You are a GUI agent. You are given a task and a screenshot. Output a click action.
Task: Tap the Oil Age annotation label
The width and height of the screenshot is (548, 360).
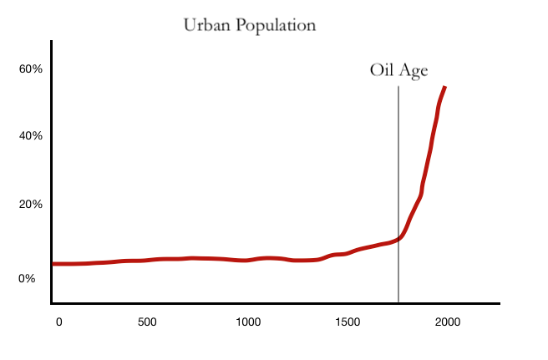pyautogui.click(x=398, y=71)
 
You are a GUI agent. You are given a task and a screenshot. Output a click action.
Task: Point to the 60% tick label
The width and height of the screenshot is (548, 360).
pyautogui.click(x=31, y=69)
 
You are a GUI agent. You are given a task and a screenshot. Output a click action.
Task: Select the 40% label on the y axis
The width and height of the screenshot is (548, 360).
pyautogui.click(x=31, y=136)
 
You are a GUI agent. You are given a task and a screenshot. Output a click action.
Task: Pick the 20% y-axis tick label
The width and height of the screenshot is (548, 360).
pyautogui.click(x=31, y=205)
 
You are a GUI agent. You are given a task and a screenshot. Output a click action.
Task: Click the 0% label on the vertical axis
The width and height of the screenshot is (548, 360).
pyautogui.click(x=28, y=278)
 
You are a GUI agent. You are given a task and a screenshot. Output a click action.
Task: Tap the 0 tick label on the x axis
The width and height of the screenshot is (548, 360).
pyautogui.click(x=58, y=322)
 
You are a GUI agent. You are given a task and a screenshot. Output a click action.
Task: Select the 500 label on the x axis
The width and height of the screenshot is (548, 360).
pyautogui.click(x=146, y=322)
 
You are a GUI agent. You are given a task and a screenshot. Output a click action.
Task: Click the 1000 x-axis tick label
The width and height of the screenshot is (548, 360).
pyautogui.click(x=248, y=322)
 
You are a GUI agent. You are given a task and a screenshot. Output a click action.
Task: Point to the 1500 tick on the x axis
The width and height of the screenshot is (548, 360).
pyautogui.click(x=348, y=322)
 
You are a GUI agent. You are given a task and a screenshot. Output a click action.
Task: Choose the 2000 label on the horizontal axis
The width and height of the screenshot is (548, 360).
pyautogui.click(x=448, y=322)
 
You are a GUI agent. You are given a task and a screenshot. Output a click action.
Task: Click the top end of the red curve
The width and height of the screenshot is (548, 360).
pyautogui.click(x=445, y=87)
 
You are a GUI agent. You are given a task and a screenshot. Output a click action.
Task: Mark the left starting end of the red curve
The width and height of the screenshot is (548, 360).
pyautogui.click(x=53, y=264)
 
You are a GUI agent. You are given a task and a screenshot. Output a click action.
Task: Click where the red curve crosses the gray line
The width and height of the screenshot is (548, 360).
pyautogui.click(x=398, y=239)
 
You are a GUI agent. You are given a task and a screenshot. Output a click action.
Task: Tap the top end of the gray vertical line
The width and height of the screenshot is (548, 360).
pyautogui.click(x=398, y=86)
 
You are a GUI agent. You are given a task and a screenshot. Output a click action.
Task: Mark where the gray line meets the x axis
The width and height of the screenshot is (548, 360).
pyautogui.click(x=398, y=302)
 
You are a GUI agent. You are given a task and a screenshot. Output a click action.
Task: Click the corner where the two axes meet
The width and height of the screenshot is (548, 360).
pyautogui.click(x=52, y=303)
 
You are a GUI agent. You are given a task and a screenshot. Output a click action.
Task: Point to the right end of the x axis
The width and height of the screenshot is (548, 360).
pyautogui.click(x=499, y=303)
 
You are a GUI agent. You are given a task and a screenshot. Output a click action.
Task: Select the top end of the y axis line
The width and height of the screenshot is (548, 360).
pyautogui.click(x=52, y=41)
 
